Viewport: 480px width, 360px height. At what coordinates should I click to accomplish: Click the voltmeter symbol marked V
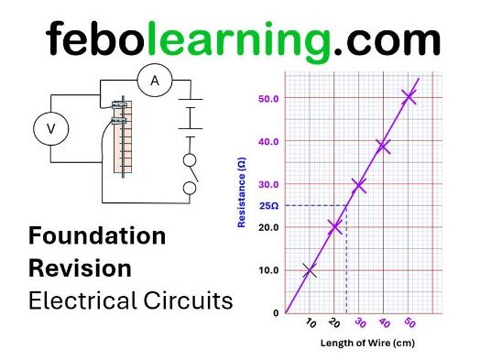coord(50,131)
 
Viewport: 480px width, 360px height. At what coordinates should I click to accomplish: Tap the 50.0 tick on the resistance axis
coord(268,97)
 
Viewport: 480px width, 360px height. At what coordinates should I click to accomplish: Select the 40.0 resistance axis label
coord(268,141)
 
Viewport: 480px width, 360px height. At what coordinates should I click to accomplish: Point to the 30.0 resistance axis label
coord(268,184)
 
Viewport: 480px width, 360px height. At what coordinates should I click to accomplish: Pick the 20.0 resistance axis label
coord(268,227)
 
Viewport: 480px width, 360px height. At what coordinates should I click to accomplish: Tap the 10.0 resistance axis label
coord(268,270)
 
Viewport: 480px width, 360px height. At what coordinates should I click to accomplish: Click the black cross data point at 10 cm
coord(311,270)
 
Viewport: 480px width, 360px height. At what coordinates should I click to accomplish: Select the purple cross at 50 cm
coord(409,96)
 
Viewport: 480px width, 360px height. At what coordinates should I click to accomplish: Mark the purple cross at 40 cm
coord(384,146)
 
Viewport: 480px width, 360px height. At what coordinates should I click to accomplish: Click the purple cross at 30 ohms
coord(359,185)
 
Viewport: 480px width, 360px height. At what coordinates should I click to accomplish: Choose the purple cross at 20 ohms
coord(335,227)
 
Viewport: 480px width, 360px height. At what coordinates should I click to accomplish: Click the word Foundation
coord(97,236)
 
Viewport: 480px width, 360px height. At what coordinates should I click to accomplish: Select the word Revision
coord(80,268)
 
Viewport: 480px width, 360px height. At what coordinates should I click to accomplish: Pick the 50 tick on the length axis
coord(409,323)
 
